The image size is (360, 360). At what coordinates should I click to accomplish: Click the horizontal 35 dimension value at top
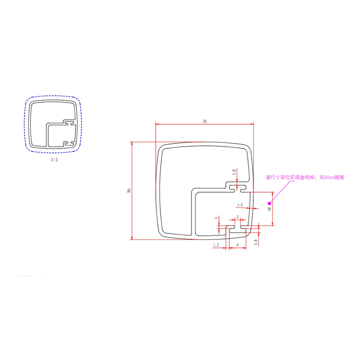(x=204, y=122)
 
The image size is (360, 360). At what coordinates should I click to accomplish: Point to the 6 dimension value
(x=237, y=245)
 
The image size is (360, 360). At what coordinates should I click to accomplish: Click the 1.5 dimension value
(x=256, y=242)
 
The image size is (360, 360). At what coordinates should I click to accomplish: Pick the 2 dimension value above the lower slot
(x=237, y=217)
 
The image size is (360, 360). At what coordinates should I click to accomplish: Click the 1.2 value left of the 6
(x=216, y=245)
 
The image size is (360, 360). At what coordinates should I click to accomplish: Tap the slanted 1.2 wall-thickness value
(x=240, y=204)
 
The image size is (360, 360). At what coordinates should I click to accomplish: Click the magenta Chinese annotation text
(x=305, y=177)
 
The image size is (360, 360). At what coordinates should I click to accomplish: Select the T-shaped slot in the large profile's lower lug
(x=237, y=228)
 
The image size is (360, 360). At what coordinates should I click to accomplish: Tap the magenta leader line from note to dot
(x=283, y=189)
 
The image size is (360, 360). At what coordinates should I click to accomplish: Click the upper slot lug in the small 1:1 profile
(x=69, y=123)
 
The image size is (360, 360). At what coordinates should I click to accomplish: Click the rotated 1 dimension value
(x=216, y=218)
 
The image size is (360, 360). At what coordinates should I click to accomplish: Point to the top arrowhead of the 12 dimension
(x=273, y=194)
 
